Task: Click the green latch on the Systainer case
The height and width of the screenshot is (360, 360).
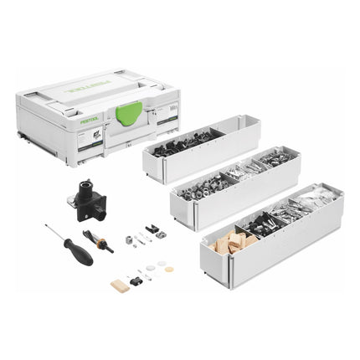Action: [129, 112]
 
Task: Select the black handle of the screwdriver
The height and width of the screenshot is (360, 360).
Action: [79, 254]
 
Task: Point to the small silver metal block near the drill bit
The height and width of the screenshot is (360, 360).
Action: [129, 240]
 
